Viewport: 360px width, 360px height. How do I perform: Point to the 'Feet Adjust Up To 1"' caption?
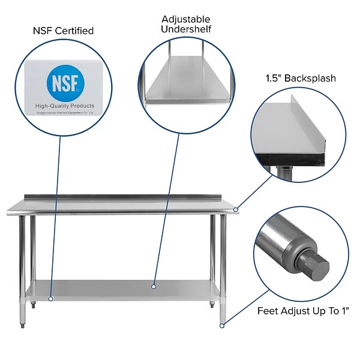(303, 311)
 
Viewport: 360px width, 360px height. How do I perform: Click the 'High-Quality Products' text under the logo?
(65, 106)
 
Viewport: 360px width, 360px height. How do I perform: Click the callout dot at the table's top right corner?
(236, 209)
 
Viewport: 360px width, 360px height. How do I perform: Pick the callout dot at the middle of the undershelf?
(154, 287)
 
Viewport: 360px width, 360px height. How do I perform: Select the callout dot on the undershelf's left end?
(50, 298)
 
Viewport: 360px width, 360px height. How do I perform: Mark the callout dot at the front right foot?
(222, 326)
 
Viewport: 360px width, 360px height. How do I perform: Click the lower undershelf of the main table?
(120, 289)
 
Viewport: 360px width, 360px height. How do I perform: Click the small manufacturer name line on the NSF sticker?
(65, 112)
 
